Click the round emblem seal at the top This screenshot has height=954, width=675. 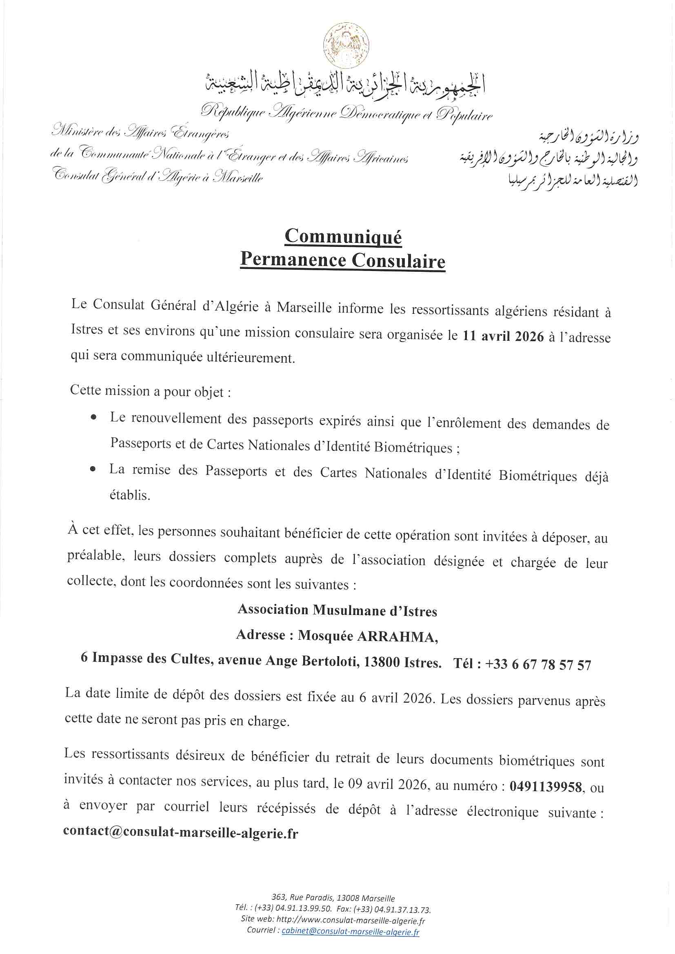tap(346, 45)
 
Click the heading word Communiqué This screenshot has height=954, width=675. tap(343, 236)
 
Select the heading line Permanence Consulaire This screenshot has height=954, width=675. tap(343, 260)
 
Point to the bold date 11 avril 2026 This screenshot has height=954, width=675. tap(503, 336)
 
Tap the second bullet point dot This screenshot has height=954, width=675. tap(93, 469)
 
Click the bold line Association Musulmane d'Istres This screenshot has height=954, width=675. tap(337, 610)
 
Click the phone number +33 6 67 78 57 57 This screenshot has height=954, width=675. tap(538, 664)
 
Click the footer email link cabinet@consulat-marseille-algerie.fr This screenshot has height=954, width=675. tap(351, 931)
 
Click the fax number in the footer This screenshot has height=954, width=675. tap(402, 910)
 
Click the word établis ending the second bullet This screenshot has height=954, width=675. tap(130, 495)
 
